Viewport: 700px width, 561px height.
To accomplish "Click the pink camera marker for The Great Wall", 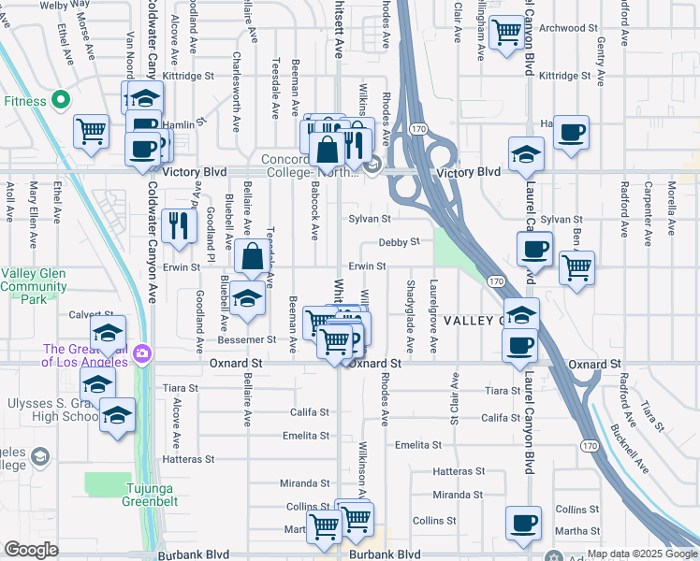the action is pyautogui.click(x=141, y=353).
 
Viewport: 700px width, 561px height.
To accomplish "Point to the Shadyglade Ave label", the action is pyautogui.click(x=410, y=304).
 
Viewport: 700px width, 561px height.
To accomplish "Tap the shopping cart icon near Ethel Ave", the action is pyautogui.click(x=92, y=132).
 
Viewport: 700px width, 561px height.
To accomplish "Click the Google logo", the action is pyautogui.click(x=30, y=550).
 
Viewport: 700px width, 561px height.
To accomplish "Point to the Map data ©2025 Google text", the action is pyautogui.click(x=642, y=554).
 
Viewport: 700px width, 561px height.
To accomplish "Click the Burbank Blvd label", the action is pyautogui.click(x=386, y=554).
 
